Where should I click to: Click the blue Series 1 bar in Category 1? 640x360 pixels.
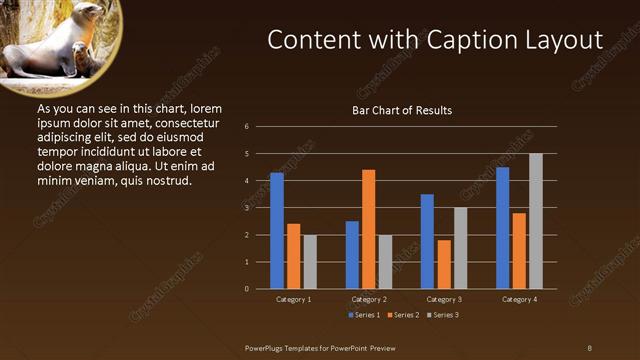(277, 231)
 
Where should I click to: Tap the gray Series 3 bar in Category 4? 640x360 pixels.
(536, 221)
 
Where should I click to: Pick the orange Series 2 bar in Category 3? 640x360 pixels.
(444, 264)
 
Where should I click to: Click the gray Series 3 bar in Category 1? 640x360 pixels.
(310, 262)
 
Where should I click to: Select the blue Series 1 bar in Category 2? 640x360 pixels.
(352, 255)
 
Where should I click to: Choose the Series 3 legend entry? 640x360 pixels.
(443, 315)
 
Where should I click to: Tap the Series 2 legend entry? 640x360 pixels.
(404, 315)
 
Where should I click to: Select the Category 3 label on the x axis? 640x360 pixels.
(444, 299)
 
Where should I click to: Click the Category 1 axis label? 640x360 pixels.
(293, 299)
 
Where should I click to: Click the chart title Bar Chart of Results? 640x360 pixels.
(401, 110)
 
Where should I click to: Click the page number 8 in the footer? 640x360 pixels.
(589, 347)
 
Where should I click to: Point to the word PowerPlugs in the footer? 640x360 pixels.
(265, 347)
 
